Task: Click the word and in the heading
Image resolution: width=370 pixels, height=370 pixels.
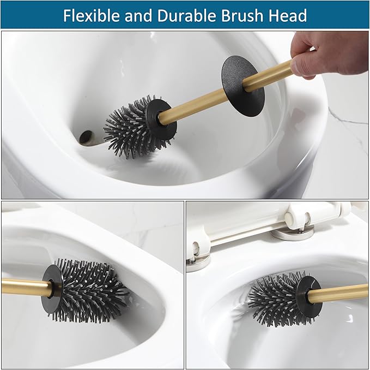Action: (x=137, y=15)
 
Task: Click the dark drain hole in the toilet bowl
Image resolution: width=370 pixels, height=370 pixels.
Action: (x=86, y=136)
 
